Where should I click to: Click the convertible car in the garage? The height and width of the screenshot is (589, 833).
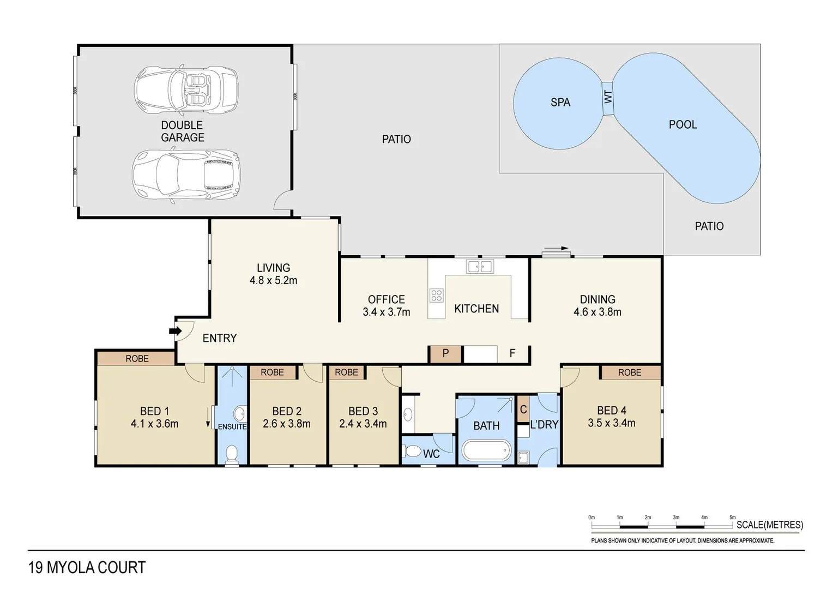pyautogui.click(x=186, y=90)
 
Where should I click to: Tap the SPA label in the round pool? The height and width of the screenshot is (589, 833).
pyautogui.click(x=560, y=103)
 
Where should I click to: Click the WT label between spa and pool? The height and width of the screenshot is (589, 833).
pyautogui.click(x=608, y=98)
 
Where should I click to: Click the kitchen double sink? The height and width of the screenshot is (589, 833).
pyautogui.click(x=480, y=267)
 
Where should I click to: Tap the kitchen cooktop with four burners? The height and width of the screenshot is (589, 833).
pyautogui.click(x=436, y=296)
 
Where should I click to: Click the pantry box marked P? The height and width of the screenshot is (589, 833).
pyautogui.click(x=445, y=353)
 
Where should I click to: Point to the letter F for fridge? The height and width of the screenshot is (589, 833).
pyautogui.click(x=512, y=353)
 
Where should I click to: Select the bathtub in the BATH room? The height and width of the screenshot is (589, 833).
pyautogui.click(x=486, y=451)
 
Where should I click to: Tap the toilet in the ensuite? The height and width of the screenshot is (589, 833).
pyautogui.click(x=232, y=454)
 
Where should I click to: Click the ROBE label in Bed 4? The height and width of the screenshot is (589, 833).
pyautogui.click(x=630, y=372)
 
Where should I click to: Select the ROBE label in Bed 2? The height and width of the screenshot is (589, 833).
pyautogui.click(x=272, y=372)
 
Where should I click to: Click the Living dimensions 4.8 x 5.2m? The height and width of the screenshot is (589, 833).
pyautogui.click(x=273, y=281)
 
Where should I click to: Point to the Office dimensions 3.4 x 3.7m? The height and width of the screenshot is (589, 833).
pyautogui.click(x=386, y=312)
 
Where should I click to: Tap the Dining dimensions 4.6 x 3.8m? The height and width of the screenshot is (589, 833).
pyautogui.click(x=597, y=312)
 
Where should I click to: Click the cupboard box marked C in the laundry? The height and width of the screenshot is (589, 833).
pyautogui.click(x=523, y=410)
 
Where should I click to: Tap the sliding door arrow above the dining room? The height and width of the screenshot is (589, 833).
pyautogui.click(x=557, y=249)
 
